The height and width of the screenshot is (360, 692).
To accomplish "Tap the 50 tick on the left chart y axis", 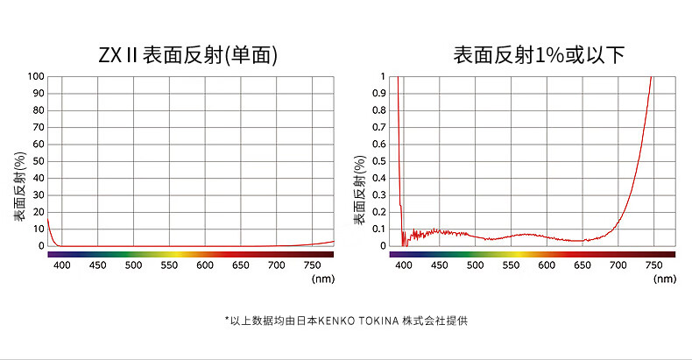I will click(38, 161).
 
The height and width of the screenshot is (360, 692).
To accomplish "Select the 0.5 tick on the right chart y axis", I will click(378, 161).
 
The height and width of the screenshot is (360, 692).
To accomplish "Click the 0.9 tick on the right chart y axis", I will click(378, 93).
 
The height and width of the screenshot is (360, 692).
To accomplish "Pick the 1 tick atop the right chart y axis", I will click(382, 76).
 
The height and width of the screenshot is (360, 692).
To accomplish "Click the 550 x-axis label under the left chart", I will click(169, 265).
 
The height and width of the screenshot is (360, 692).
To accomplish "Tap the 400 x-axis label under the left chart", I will click(61, 265).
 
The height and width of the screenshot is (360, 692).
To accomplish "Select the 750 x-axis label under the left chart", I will click(313, 265).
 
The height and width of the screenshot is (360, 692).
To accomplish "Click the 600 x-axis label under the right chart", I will click(547, 265).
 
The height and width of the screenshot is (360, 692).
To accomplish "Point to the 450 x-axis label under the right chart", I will click(439, 265).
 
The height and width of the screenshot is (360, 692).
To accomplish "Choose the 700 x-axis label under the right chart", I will click(618, 265).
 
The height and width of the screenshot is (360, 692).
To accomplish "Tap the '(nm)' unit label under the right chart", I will click(665, 279).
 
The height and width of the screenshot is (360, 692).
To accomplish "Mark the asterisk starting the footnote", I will click(226, 320).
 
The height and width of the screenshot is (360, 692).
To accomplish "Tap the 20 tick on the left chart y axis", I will click(38, 212).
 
